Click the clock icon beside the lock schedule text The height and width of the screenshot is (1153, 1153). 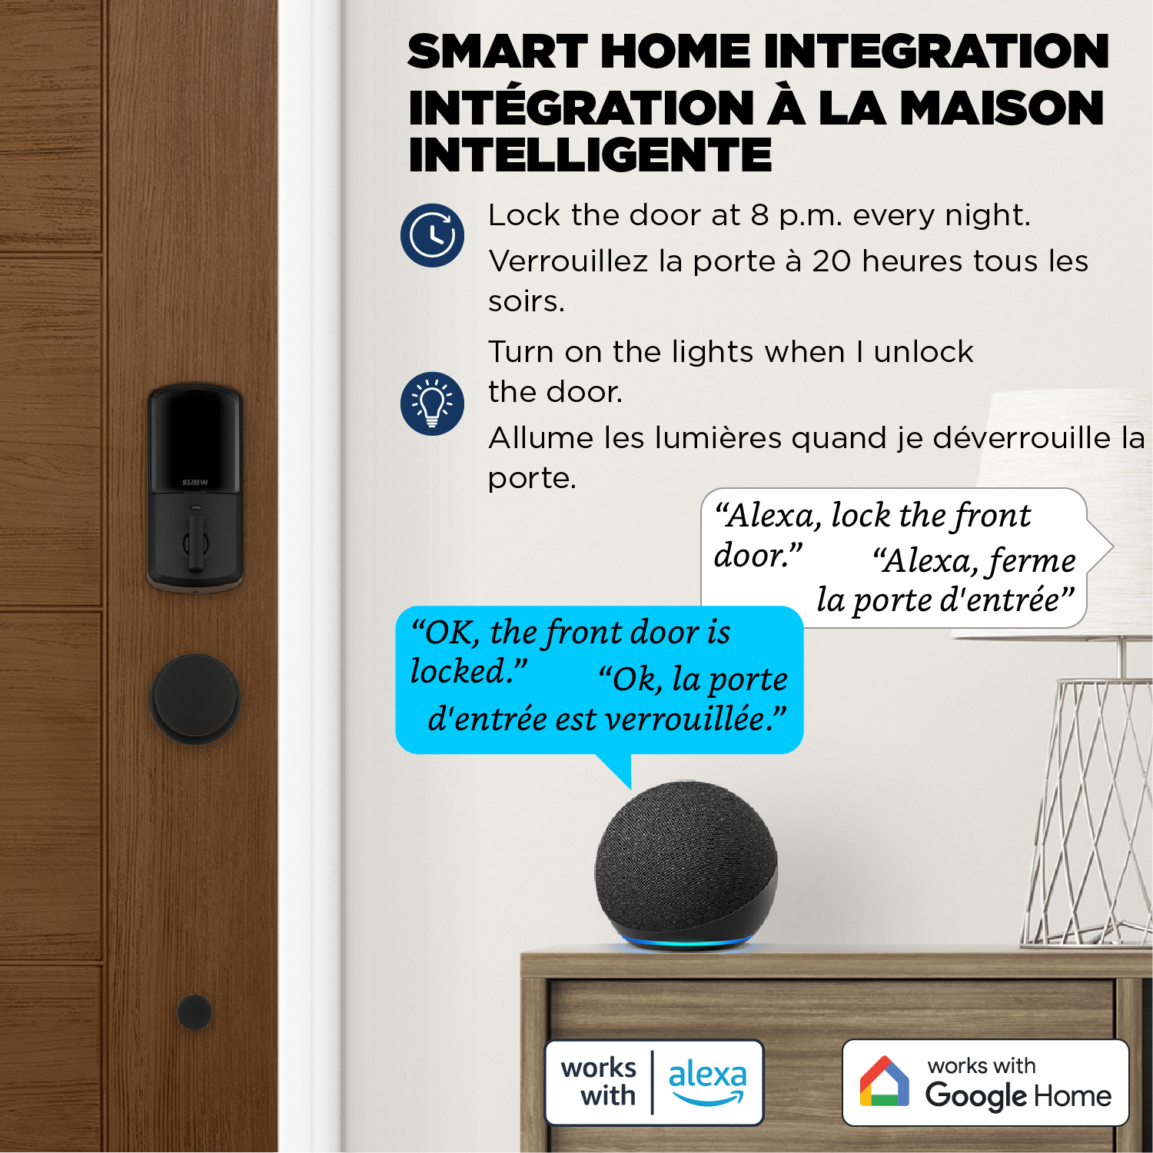click(432, 235)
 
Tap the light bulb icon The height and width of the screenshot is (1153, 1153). click(432, 404)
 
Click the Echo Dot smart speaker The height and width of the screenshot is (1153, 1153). click(686, 865)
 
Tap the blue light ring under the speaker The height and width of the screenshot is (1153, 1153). click(686, 942)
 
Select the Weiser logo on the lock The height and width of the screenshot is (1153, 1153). click(195, 483)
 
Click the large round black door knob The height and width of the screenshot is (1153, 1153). click(195, 699)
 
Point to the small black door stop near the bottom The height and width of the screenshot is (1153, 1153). click(194, 1012)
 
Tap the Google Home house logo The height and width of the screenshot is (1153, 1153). click(884, 1081)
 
